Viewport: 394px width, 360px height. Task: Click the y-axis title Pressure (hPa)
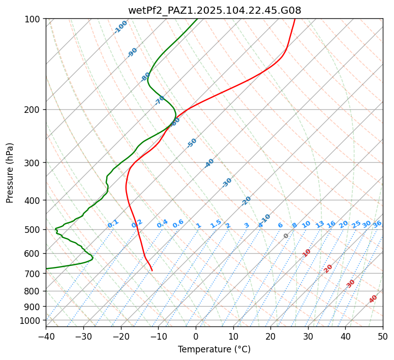(10, 172)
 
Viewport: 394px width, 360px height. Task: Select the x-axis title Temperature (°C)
(214, 349)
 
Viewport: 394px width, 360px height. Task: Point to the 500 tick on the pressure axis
(33, 229)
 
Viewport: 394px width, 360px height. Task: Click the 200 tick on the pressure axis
(33, 109)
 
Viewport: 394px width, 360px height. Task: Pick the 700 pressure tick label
(33, 274)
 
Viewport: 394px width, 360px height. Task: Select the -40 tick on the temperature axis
(46, 336)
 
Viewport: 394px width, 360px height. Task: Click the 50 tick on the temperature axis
(383, 336)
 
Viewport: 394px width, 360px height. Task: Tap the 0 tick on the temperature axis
(196, 336)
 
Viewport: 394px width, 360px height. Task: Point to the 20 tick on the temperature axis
(270, 336)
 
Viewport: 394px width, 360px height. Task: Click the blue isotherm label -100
(120, 27)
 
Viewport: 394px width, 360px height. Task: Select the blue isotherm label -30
(227, 183)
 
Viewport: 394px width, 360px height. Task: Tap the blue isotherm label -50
(192, 143)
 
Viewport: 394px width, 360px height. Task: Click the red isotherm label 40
(373, 299)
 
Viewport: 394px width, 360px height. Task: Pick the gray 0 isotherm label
(286, 236)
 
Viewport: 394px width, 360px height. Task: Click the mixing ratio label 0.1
(113, 224)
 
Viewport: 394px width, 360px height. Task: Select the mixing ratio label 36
(377, 224)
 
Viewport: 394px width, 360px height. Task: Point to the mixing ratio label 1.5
(216, 224)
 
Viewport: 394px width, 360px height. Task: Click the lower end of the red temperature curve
(151, 271)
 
